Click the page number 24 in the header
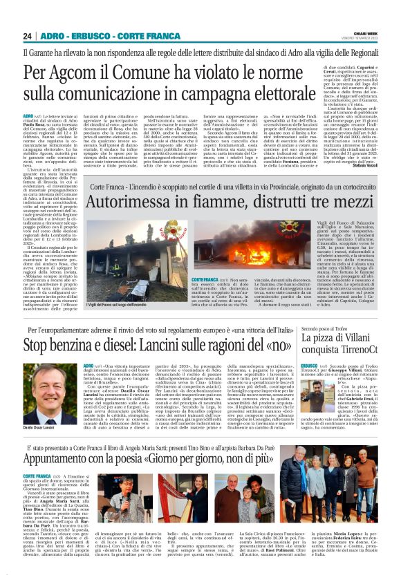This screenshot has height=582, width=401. [28, 36]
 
